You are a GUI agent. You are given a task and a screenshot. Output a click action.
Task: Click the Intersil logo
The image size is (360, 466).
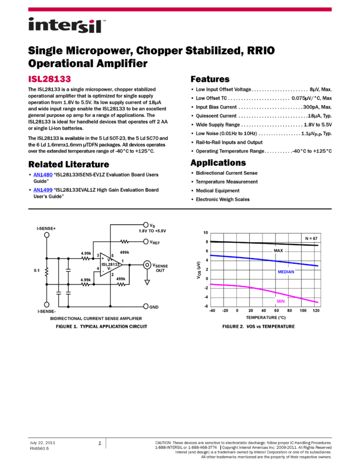pos(67,26)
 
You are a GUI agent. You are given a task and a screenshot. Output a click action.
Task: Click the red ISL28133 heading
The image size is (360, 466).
pos(49,79)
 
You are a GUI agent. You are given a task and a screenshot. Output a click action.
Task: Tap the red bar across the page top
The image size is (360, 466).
pos(180,9)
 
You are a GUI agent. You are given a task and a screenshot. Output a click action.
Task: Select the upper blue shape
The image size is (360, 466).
pos(43,175)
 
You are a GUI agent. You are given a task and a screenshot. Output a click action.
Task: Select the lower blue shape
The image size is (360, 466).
pos(43,190)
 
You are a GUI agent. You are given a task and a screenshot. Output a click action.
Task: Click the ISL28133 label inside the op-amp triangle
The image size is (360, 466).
pos(110,264)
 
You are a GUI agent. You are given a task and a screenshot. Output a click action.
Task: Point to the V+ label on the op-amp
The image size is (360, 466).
pos(110,259)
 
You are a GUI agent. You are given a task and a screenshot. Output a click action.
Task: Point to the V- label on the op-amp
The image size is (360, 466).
pos(109,269)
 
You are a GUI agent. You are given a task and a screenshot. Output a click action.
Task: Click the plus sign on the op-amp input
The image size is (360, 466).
pos(102,258)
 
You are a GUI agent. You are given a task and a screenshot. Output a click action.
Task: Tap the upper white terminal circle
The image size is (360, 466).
pos(146,241)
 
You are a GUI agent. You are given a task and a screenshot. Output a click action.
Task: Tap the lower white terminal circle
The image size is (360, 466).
pos(146,306)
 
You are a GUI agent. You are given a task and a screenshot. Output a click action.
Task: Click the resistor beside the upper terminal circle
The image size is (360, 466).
pos(124,241)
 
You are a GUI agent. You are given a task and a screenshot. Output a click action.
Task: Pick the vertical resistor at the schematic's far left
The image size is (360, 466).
pos(47,271)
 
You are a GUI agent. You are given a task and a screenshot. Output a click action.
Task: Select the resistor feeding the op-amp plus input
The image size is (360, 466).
pos(85,258)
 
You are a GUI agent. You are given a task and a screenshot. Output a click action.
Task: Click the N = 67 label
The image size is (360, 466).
pos(311,238)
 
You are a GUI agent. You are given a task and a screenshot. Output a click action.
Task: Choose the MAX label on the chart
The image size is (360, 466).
pos(278,251)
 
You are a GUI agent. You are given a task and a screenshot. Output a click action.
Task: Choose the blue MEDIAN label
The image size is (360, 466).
pos(285,271)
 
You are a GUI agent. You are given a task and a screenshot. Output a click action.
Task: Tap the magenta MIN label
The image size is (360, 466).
pos(281,301)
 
